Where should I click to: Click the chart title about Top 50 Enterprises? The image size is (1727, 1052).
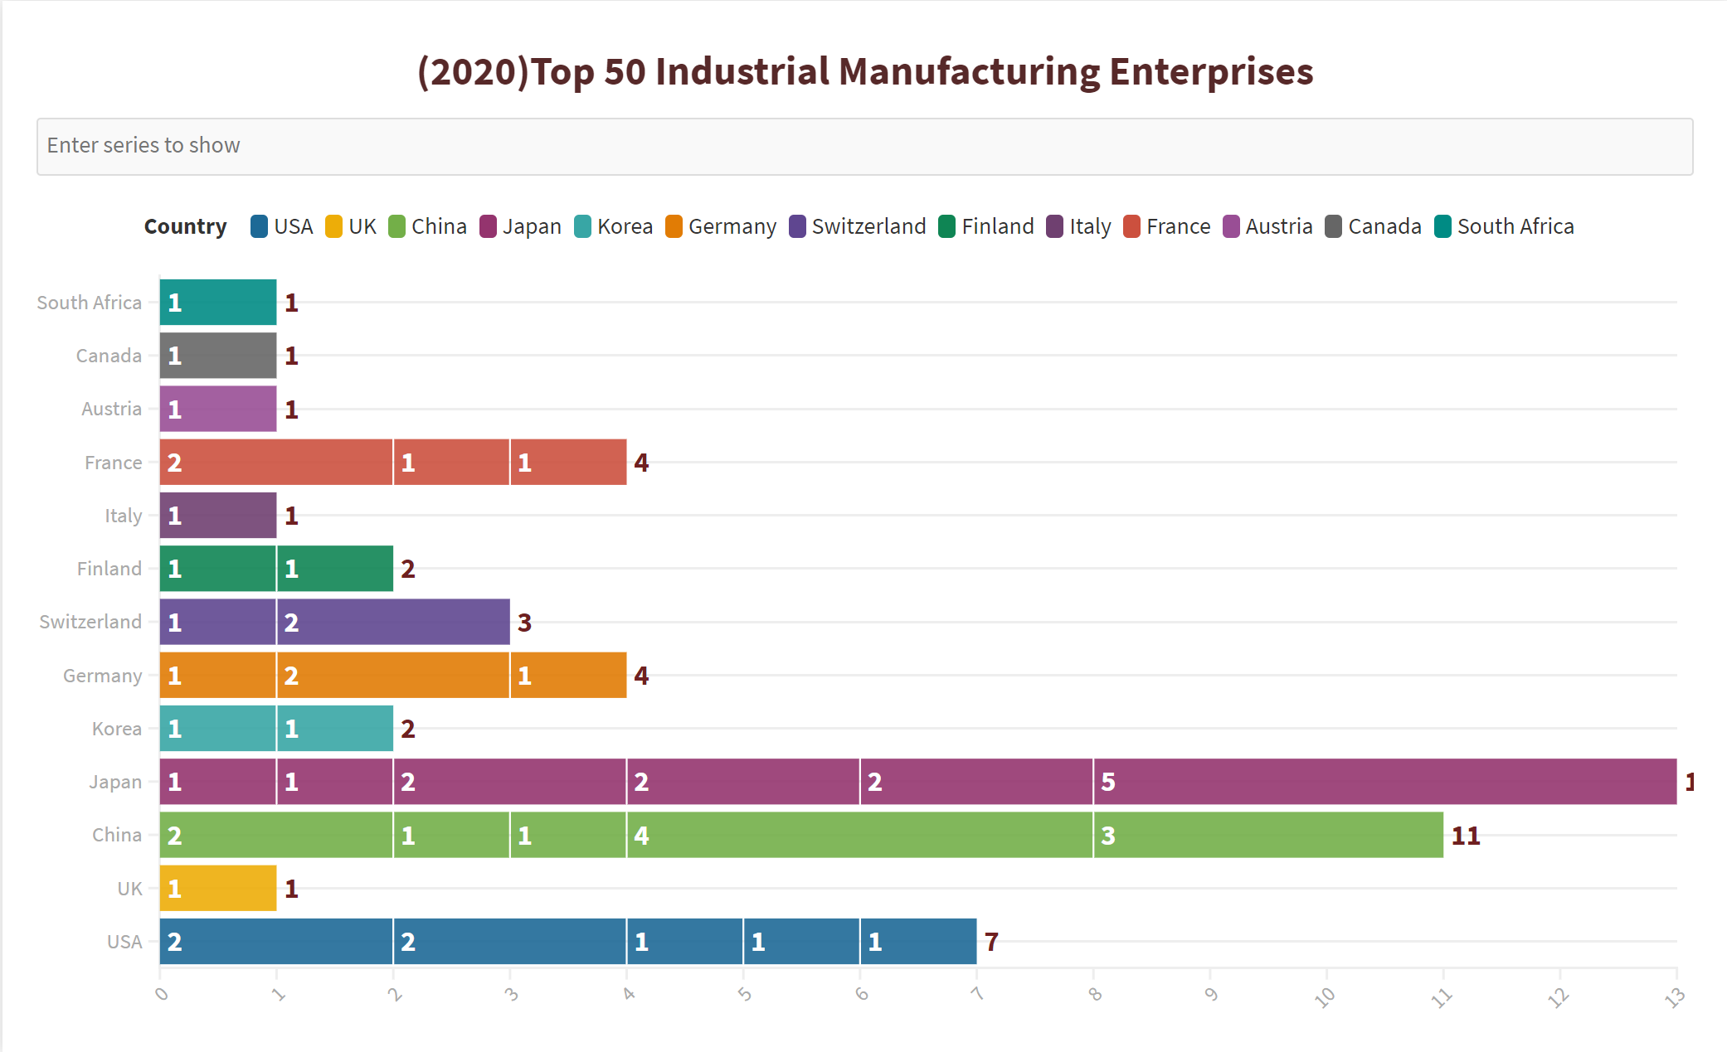864,71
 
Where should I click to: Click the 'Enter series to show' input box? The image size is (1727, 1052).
864,147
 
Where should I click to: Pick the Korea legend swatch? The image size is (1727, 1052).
583,226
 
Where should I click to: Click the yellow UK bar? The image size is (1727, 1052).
218,888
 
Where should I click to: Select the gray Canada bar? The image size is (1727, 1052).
218,356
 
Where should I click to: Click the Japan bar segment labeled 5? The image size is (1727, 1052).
1384,782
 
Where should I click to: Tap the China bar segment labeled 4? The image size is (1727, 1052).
859,835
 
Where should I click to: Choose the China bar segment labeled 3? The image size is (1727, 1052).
1267,835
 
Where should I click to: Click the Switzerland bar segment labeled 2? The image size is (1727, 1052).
393,622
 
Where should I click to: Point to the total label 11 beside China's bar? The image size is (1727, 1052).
1466,836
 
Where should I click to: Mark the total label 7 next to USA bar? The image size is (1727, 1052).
991,942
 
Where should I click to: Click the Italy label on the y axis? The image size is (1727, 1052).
124,516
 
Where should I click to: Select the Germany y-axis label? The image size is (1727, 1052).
103,676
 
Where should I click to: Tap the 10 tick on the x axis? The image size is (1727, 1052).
1325,996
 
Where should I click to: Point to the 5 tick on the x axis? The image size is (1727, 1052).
744,993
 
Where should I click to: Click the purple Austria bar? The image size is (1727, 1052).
218,409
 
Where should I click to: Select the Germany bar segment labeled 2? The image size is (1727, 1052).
393,675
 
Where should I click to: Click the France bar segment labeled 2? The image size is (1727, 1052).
276,462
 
